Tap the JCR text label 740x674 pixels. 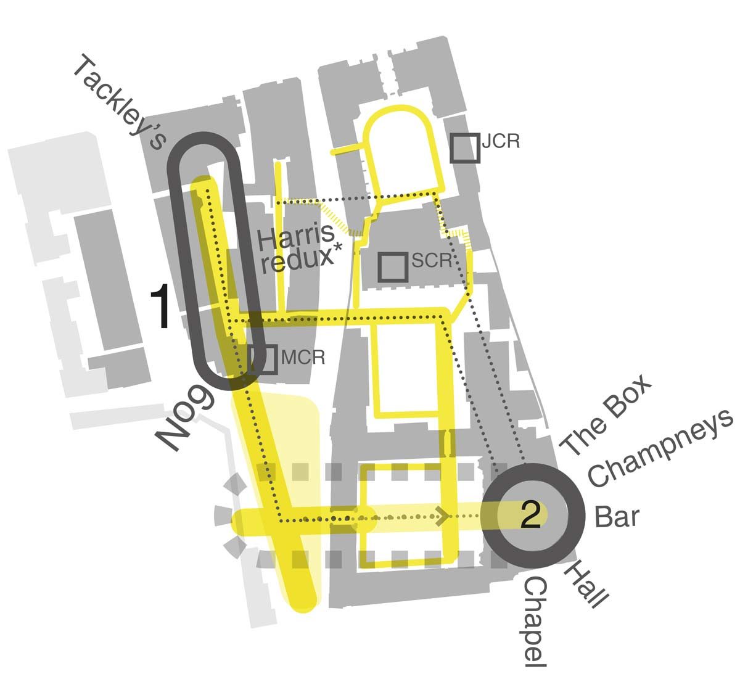coord(501,141)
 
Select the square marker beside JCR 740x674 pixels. coord(465,148)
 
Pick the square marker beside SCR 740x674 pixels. coord(393,268)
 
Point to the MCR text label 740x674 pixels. coord(302,358)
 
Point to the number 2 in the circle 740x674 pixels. coord(531,514)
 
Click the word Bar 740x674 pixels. coord(616,517)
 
